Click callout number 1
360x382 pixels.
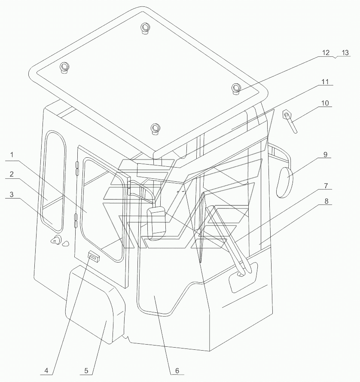pyautogui.click(x=12, y=155)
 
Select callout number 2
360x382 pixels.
pyautogui.click(x=12, y=174)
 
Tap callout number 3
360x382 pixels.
pyautogui.click(x=12, y=194)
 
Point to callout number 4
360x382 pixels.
pyautogui.click(x=46, y=371)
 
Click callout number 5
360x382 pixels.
pyautogui.click(x=86, y=371)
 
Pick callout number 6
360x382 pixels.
pyautogui.click(x=177, y=371)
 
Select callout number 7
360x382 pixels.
pyautogui.click(x=326, y=186)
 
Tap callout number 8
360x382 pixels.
pyautogui.click(x=326, y=201)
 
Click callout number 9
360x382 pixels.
pyautogui.click(x=326, y=154)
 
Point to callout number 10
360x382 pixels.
pyautogui.click(x=325, y=103)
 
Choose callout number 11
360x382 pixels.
pyautogui.click(x=325, y=82)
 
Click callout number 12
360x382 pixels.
pyautogui.click(x=326, y=52)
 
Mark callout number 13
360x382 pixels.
pyautogui.click(x=345, y=52)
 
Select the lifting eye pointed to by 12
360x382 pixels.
pyautogui.click(x=235, y=89)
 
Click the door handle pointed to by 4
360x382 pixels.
pyautogui.click(x=94, y=256)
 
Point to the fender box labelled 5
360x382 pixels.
pyautogui.click(x=95, y=305)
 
